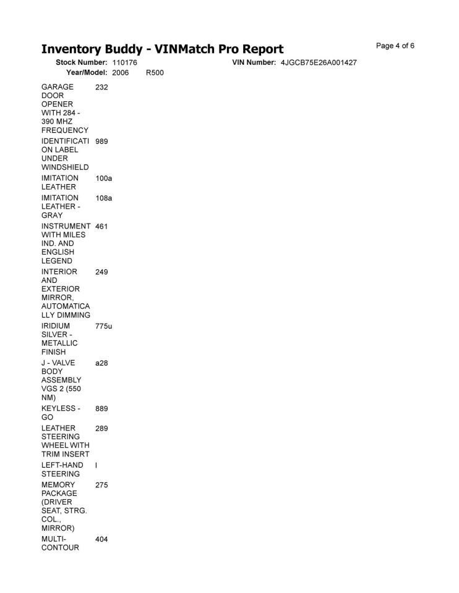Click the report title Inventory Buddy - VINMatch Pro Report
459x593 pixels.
point(162,49)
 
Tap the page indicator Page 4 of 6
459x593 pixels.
point(395,46)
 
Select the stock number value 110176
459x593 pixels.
point(124,63)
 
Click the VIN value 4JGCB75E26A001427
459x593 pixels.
point(319,63)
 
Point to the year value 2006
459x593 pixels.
point(120,73)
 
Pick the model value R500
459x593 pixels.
point(155,73)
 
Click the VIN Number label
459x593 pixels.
point(254,63)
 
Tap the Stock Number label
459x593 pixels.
point(82,63)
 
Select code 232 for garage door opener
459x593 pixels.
point(101,88)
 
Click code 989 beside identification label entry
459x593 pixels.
point(101,141)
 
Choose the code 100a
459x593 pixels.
point(103,179)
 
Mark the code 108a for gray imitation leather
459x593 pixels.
point(103,198)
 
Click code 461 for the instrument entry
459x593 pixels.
point(101,227)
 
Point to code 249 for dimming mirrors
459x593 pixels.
point(101,272)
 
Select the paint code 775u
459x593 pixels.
point(103,326)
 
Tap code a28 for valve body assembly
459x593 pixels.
point(101,363)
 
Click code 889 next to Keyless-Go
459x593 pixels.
point(101,409)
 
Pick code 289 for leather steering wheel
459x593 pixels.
point(101,429)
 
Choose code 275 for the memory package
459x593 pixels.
point(101,486)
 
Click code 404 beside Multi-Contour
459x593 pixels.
point(101,540)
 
